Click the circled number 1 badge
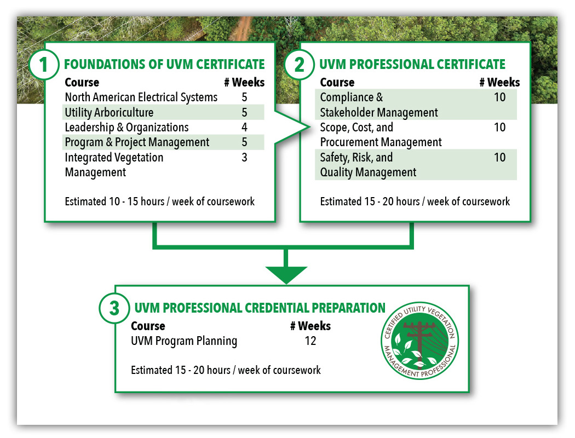point(44,65)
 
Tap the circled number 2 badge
point(299,65)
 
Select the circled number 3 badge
point(114,308)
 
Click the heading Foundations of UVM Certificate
point(164,64)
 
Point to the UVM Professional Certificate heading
point(412,64)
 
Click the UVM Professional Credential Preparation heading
point(260,308)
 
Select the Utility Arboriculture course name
point(110,113)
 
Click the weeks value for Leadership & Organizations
point(244,127)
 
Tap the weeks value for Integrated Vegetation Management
point(244,157)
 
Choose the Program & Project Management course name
point(137,142)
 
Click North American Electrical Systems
point(141,97)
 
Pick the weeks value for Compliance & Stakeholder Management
point(500,97)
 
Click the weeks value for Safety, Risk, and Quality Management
point(500,157)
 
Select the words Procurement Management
point(381,142)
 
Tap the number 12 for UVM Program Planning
point(311,341)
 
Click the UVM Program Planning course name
point(184,341)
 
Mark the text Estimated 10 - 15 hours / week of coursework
point(159,201)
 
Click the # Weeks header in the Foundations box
point(244,82)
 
